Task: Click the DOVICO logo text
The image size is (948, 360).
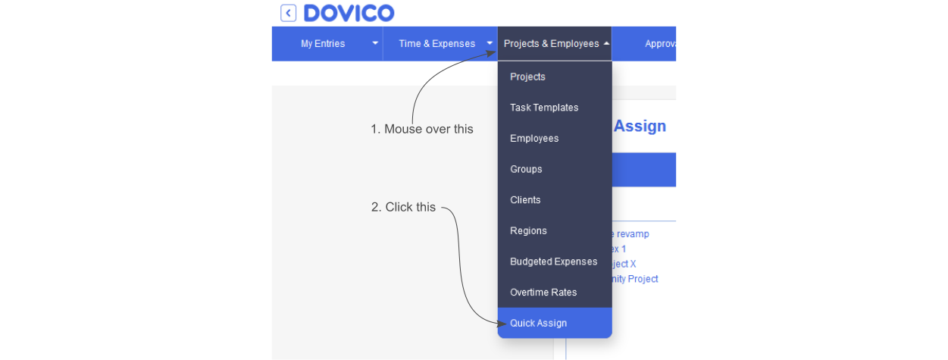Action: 349,13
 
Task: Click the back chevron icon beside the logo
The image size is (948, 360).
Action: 288,13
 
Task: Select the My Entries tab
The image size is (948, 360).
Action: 323,44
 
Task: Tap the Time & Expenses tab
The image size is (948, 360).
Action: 436,44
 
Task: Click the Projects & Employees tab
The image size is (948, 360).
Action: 552,44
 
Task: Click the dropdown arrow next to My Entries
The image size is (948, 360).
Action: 375,44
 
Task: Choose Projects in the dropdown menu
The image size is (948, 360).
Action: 528,77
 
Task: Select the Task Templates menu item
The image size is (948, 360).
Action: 544,108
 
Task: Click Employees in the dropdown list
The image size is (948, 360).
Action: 534,139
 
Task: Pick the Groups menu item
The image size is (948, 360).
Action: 526,170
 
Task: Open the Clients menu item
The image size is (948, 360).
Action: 525,200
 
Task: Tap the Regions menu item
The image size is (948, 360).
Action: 528,231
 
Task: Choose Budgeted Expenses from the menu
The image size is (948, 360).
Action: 553,261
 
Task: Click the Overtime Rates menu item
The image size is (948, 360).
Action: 543,293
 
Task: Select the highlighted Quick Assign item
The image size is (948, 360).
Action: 539,324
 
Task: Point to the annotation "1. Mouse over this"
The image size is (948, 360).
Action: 421,130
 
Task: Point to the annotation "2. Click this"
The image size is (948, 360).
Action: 403,207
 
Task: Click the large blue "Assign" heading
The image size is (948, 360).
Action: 640,127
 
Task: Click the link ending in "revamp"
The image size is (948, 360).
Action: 633,234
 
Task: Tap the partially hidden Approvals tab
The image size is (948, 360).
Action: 660,44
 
